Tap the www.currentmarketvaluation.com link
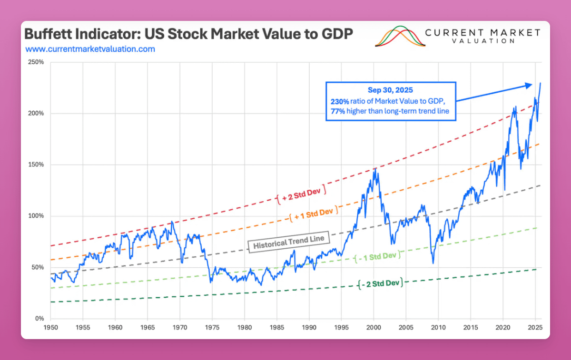[x=90, y=49]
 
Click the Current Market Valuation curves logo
[x=400, y=37]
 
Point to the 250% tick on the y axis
[x=36, y=62]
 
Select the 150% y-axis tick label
[x=36, y=165]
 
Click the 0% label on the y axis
[x=39, y=318]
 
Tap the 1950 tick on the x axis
[x=50, y=328]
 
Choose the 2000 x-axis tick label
[x=374, y=328]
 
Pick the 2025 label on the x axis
[x=535, y=328]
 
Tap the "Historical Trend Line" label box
[x=289, y=243]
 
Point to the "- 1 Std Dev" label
[x=376, y=256]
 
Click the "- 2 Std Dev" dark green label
[x=380, y=283]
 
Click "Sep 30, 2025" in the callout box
[x=390, y=90]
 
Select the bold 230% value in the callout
[x=339, y=101]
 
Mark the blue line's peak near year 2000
[x=375, y=168]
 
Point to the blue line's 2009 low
[x=433, y=263]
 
